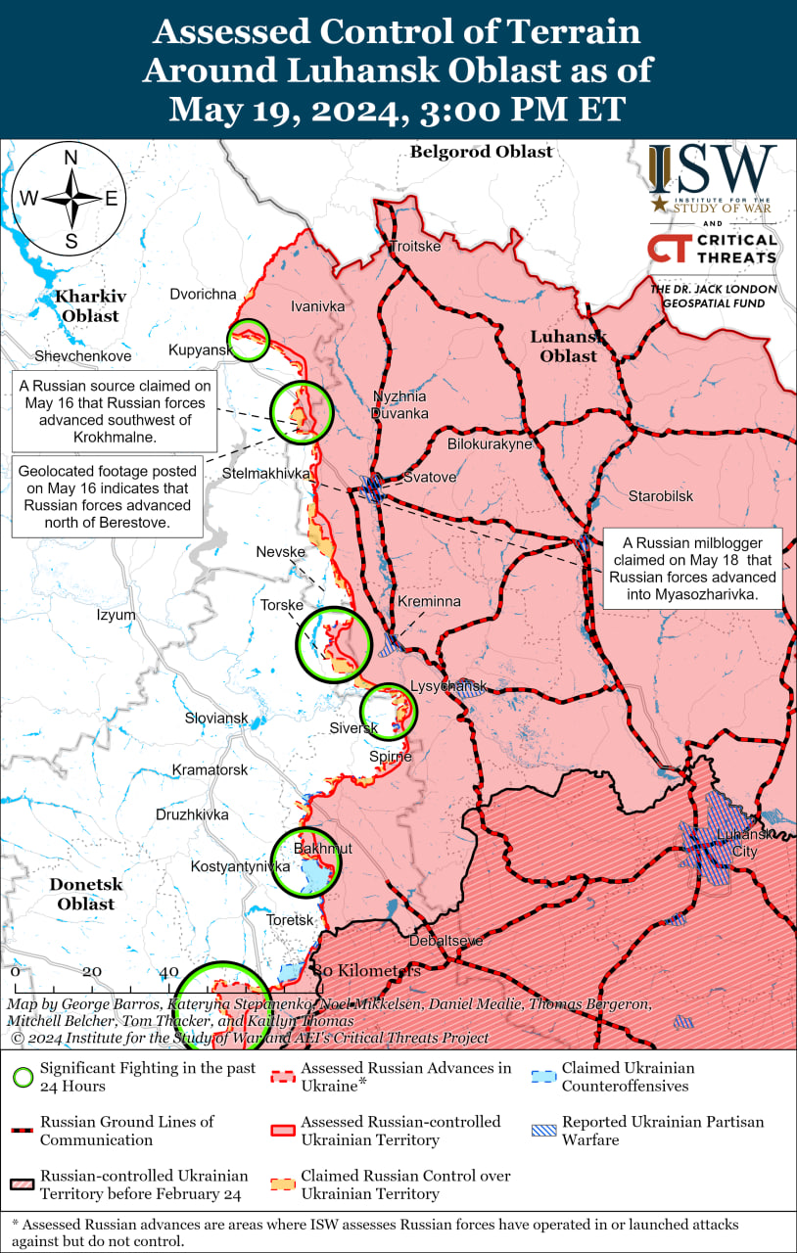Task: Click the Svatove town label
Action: [430, 478]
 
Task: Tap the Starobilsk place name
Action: [661, 496]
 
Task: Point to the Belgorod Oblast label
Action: [481, 152]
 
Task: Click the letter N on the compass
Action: [70, 159]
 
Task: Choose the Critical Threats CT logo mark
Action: [666, 248]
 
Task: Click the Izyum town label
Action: [115, 615]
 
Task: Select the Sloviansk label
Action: [216, 719]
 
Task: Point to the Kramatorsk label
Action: [210, 770]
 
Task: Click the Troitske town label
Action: [415, 246]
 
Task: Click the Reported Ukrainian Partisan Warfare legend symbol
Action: [544, 1131]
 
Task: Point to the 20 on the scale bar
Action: [91, 972]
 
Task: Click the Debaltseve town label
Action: [445, 941]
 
